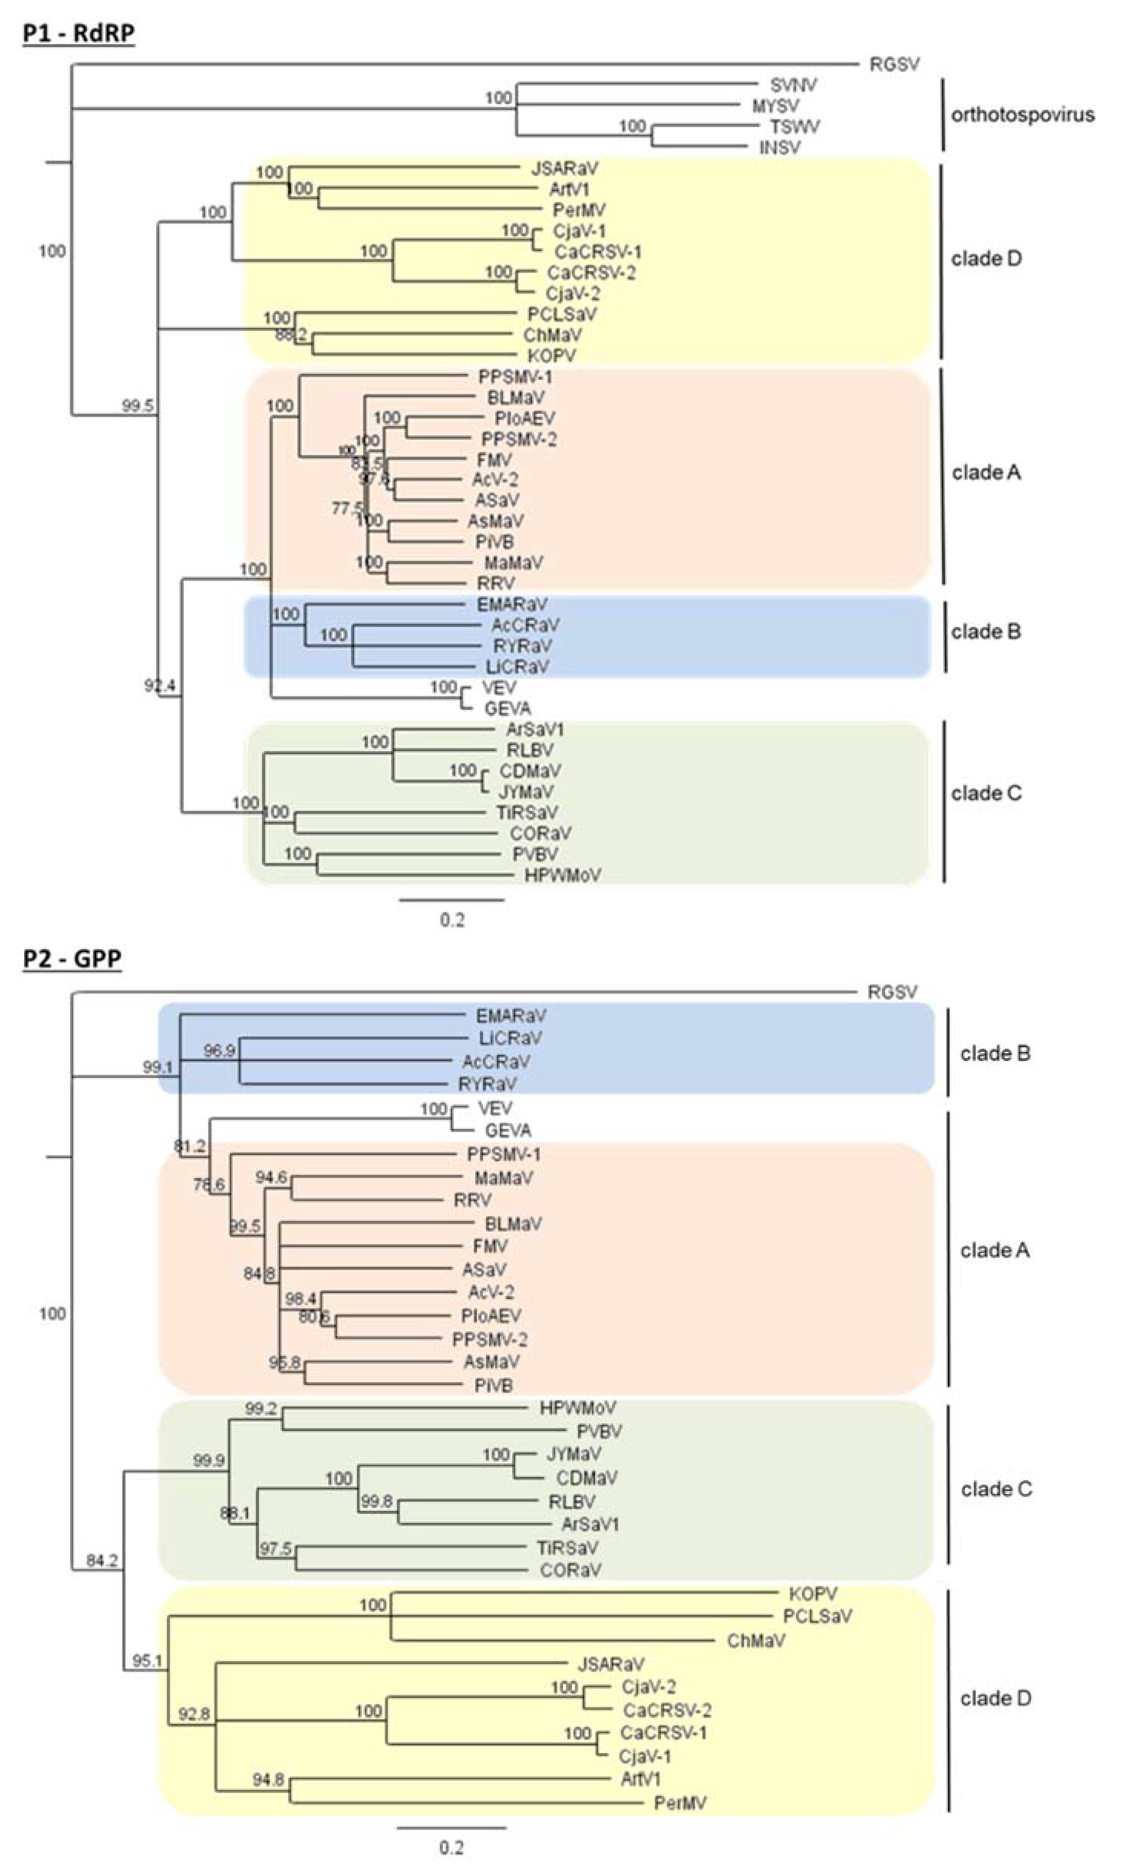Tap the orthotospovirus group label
pyautogui.click(x=1022, y=115)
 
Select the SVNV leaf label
pyautogui.click(x=793, y=85)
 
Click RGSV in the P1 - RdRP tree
pyautogui.click(x=894, y=64)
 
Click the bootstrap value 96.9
pyautogui.click(x=219, y=1050)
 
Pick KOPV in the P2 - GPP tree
pyautogui.click(x=813, y=1594)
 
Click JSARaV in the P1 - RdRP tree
pyautogui.click(x=564, y=168)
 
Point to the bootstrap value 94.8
pyautogui.click(x=268, y=1779)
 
